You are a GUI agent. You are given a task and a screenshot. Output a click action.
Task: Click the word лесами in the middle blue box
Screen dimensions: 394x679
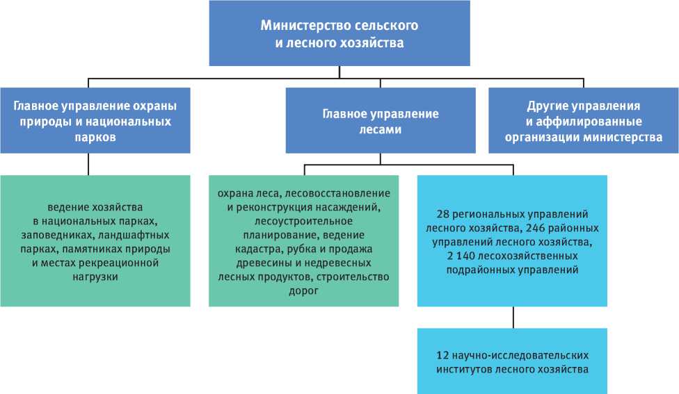[x=380, y=129]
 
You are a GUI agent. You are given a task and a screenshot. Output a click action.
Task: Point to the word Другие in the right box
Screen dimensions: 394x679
[x=545, y=106]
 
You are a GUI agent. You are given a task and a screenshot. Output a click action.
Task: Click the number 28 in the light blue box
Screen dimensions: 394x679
[x=443, y=213]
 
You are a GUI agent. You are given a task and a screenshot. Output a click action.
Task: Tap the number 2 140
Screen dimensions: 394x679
[x=460, y=256]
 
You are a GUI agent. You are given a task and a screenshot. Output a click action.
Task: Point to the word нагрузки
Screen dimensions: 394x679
[x=95, y=277]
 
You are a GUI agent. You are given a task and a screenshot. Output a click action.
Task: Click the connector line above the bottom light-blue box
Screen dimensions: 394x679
[x=513, y=318]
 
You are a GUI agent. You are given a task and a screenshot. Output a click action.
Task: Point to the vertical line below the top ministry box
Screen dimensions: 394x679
[x=339, y=72]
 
